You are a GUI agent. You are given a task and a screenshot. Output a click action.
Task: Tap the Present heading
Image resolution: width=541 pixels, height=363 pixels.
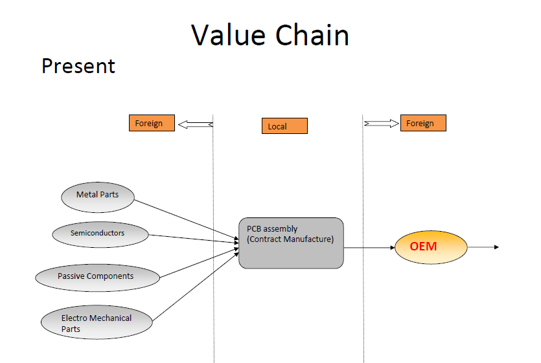pos(78,66)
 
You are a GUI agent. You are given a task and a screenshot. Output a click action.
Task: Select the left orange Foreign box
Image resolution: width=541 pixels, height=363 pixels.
pos(152,123)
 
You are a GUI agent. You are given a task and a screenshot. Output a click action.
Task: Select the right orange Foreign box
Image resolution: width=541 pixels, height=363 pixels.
pos(423,123)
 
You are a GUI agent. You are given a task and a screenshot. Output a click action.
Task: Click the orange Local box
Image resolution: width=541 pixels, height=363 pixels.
pos(284,126)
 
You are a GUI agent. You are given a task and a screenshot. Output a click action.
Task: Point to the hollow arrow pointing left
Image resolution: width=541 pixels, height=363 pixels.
pos(195,124)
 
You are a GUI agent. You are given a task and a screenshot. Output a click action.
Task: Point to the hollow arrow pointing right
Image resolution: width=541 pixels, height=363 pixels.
pos(382,123)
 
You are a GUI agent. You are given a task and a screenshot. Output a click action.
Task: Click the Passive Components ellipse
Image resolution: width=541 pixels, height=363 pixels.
pos(98,277)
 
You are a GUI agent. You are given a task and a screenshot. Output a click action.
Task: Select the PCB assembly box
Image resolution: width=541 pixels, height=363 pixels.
pos(291,243)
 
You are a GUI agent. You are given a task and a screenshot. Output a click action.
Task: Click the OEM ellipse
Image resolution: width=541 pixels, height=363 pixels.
pos(431,247)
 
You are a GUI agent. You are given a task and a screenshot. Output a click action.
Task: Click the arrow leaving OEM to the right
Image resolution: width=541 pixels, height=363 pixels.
pos(483,247)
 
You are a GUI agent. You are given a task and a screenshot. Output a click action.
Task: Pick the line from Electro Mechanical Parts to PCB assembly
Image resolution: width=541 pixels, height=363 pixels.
pos(194,284)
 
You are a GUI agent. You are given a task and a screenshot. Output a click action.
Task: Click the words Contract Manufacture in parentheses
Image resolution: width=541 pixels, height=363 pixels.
pos(290,239)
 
